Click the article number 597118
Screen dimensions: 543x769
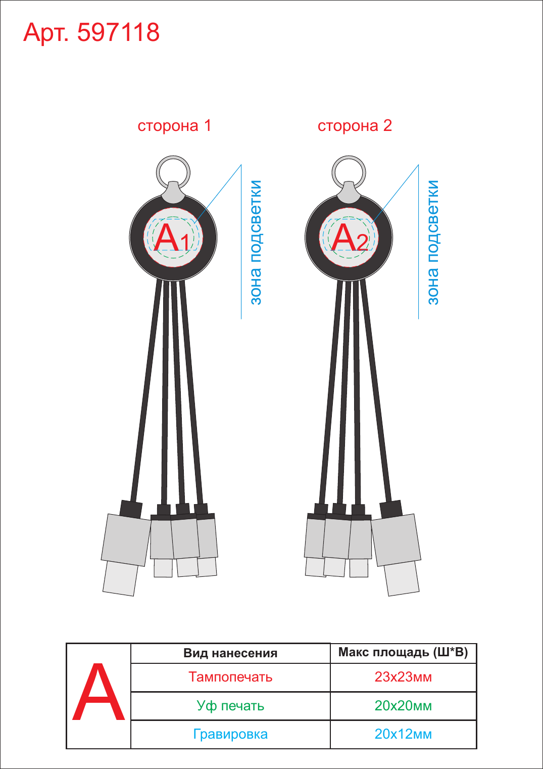click(x=118, y=33)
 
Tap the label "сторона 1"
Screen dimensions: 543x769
click(x=174, y=126)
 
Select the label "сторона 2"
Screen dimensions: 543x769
click(x=355, y=126)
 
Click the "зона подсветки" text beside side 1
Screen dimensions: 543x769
click(x=256, y=242)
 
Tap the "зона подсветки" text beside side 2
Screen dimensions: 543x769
click(x=433, y=242)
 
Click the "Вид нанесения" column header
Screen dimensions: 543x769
click(x=230, y=653)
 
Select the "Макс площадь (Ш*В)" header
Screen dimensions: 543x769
click(x=403, y=652)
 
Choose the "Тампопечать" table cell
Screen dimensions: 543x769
click(x=230, y=676)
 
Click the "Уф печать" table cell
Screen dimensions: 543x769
click(x=230, y=705)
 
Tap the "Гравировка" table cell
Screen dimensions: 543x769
click(x=230, y=734)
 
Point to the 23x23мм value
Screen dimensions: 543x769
click(x=403, y=676)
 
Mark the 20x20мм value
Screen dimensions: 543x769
click(x=403, y=705)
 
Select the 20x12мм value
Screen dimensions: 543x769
click(x=403, y=734)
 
